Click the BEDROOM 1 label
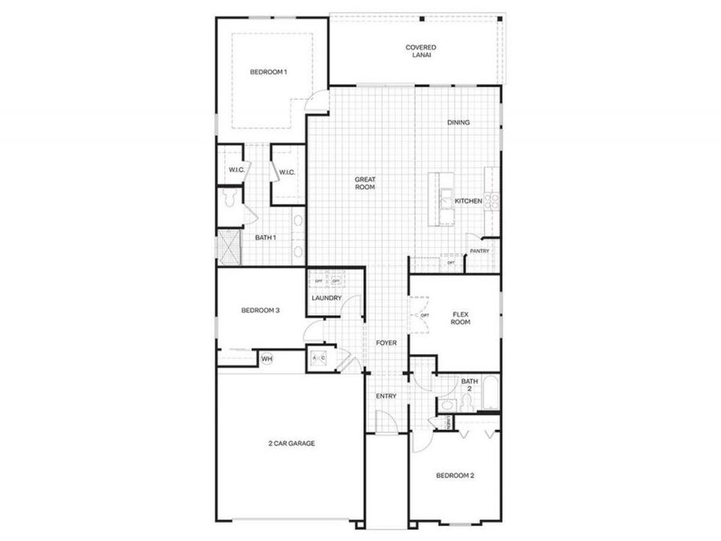(x=268, y=72)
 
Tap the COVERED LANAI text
(x=421, y=52)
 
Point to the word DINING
(x=458, y=123)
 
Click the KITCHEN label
(x=469, y=201)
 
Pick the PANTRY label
(x=480, y=251)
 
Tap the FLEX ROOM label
(x=461, y=318)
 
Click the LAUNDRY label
(x=327, y=299)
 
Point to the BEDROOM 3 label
(x=260, y=311)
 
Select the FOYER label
(x=387, y=343)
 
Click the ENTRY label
(x=387, y=397)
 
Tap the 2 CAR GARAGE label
(x=291, y=442)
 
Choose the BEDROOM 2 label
(x=455, y=475)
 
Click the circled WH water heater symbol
(x=266, y=358)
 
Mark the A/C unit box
(x=318, y=357)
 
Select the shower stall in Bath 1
(x=230, y=245)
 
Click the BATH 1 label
(x=266, y=237)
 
